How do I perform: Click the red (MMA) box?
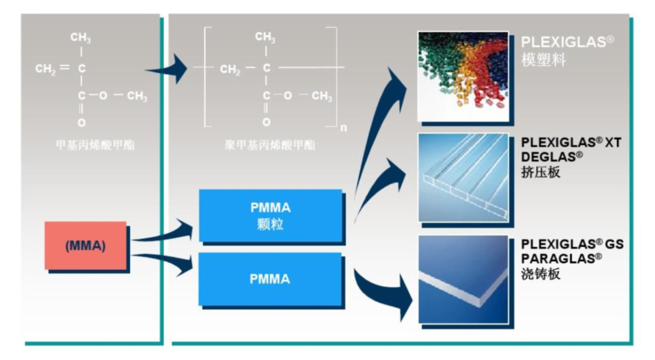[85, 245]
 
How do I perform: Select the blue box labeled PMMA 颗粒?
[270, 215]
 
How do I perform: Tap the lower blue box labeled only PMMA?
[270, 279]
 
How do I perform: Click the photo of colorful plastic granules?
[463, 76]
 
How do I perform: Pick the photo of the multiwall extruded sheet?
[463, 177]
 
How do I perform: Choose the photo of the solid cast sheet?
[463, 279]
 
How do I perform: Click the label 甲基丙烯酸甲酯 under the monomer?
[95, 145]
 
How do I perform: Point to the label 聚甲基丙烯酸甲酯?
[270, 145]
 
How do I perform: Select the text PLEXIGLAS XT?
[571, 143]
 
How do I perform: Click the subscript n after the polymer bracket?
[343, 128]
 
